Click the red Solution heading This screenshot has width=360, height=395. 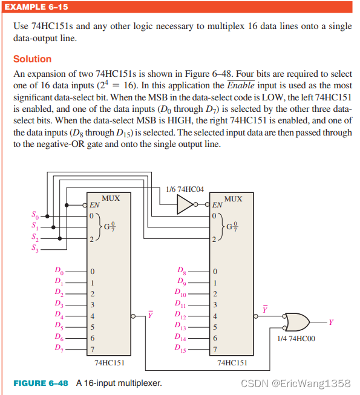32,59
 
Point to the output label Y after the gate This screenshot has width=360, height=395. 330,321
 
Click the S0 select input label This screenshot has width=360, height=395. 35,216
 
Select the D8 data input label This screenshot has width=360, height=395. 181,270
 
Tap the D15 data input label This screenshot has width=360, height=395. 181,348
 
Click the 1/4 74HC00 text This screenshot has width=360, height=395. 295,339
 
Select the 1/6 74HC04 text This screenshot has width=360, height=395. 180,189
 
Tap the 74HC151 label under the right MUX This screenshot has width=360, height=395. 232,363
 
